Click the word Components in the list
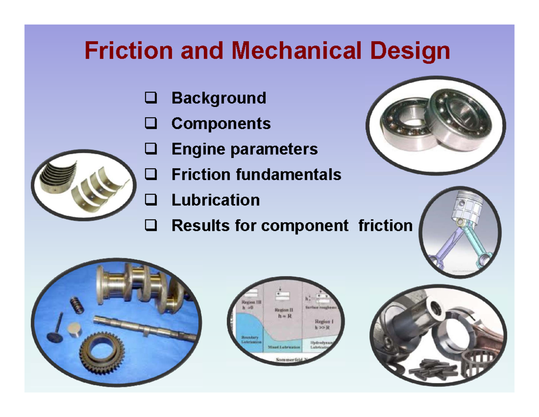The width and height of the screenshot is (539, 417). (x=221, y=123)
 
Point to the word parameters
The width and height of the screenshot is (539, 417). (x=274, y=149)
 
